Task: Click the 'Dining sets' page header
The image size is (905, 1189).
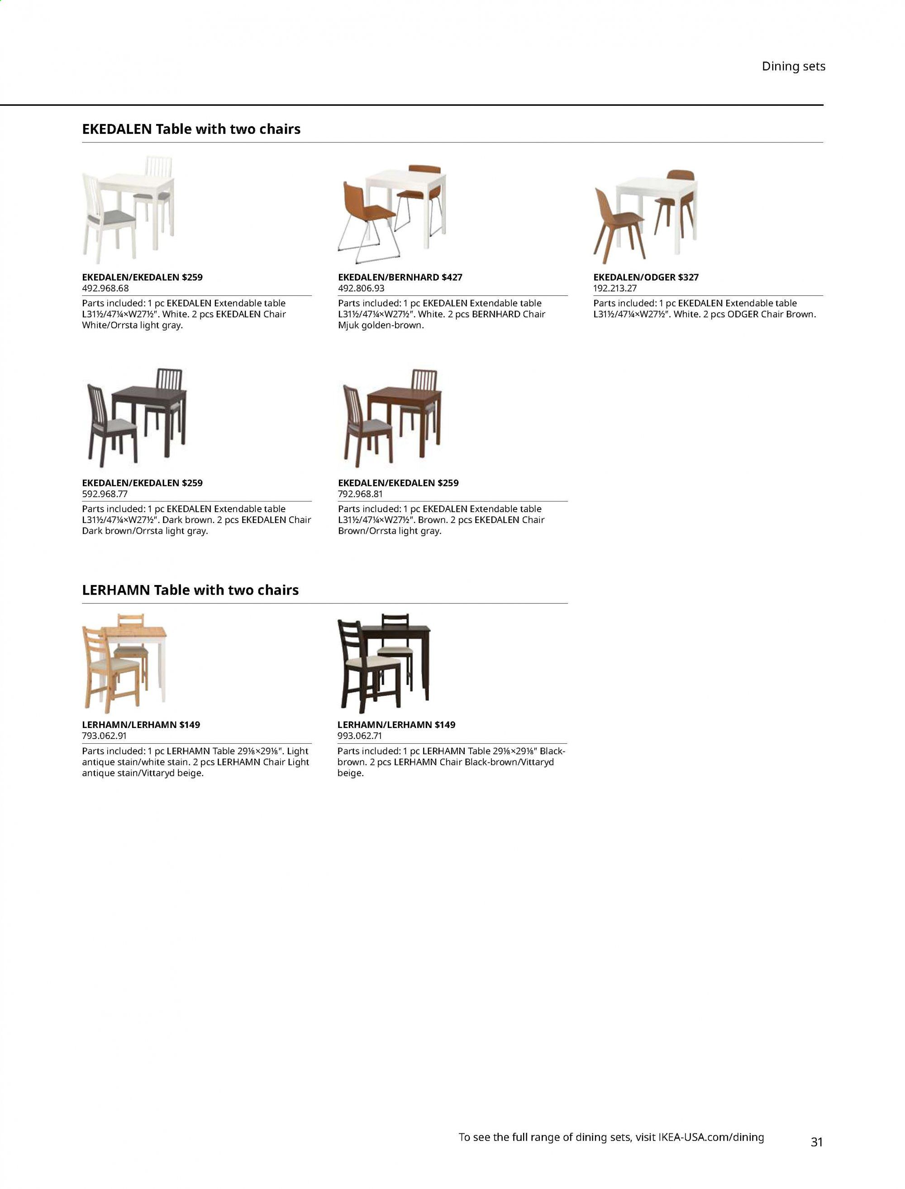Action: (793, 66)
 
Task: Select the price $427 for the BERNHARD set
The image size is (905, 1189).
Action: (452, 277)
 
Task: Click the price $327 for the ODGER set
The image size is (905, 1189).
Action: (688, 277)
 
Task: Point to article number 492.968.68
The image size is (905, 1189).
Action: (105, 288)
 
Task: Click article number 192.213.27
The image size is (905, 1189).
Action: (614, 288)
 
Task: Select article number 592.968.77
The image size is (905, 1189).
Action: (105, 494)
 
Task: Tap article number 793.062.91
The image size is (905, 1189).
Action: (105, 736)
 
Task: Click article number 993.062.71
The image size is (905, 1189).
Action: (359, 736)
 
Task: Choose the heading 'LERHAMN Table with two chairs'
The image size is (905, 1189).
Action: (190, 590)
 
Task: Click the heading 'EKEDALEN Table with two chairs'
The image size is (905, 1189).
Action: (191, 129)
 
